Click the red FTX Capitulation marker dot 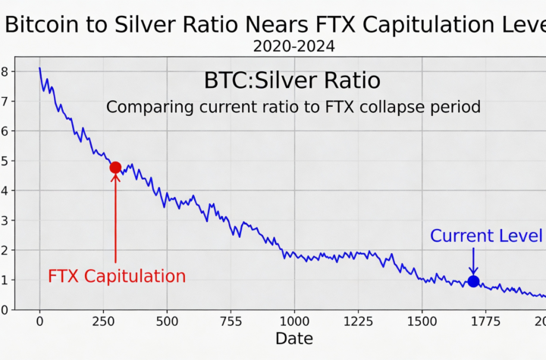[115, 167]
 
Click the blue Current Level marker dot [473, 281]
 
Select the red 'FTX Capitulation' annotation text [117, 276]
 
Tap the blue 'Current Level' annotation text [486, 236]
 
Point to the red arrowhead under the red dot [115, 180]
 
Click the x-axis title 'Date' [293, 338]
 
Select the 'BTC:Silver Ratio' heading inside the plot [292, 80]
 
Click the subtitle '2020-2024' [293, 46]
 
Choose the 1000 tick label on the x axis [293, 321]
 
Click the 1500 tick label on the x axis [421, 321]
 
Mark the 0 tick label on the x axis [39, 321]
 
